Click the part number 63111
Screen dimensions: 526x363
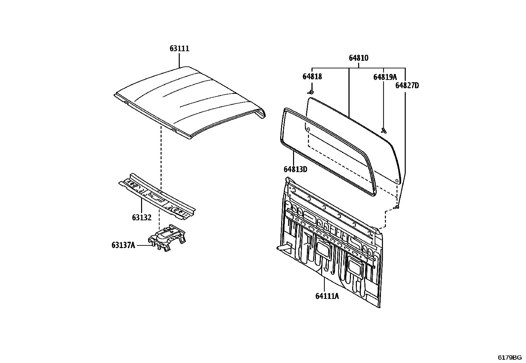click(179, 49)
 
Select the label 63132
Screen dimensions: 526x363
click(142, 217)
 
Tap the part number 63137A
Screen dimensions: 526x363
click(123, 245)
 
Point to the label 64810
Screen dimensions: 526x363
click(358, 58)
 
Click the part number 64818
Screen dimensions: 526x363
click(312, 76)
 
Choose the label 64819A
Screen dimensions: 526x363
click(385, 77)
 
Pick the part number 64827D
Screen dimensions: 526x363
click(407, 85)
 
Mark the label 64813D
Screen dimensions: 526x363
click(295, 169)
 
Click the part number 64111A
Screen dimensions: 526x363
click(327, 296)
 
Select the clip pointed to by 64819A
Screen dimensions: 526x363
click(384, 130)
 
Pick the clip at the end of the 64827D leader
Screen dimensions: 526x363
click(396, 207)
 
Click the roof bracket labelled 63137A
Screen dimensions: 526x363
click(167, 237)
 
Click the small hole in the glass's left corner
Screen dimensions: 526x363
click(309, 129)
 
